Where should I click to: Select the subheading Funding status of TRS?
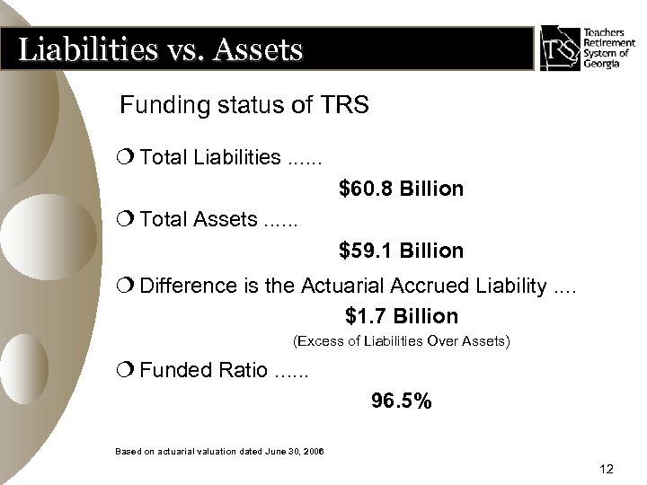pos(244,107)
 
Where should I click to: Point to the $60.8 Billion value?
pos(401,190)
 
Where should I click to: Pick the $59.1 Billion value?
pos(401,250)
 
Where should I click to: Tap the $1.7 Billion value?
pos(401,316)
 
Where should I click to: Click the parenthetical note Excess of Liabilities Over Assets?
pos(402,341)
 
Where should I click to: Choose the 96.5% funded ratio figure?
pos(401,401)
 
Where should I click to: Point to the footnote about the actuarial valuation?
pos(220,449)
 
